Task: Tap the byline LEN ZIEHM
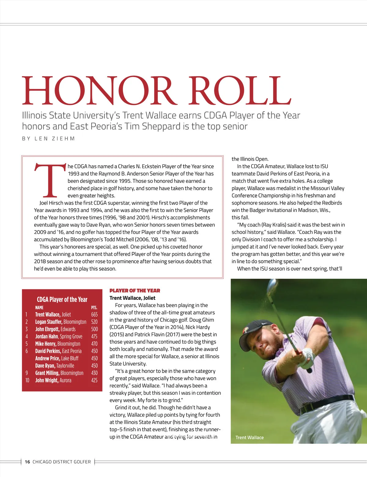tap(55, 139)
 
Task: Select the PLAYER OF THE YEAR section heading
tap(135, 291)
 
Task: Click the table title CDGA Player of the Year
tap(62, 299)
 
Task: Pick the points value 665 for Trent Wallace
tap(94, 314)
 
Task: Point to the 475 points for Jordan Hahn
tap(94, 336)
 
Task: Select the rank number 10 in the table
tap(27, 380)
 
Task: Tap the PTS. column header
tap(94, 307)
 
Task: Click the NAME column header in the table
tap(39, 307)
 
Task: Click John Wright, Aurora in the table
tap(53, 380)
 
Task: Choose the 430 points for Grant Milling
tap(94, 373)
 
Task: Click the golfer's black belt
tap(327, 401)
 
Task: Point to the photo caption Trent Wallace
tap(250, 438)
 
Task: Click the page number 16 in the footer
tap(28, 462)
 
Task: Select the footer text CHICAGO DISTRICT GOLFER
tap(62, 462)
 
